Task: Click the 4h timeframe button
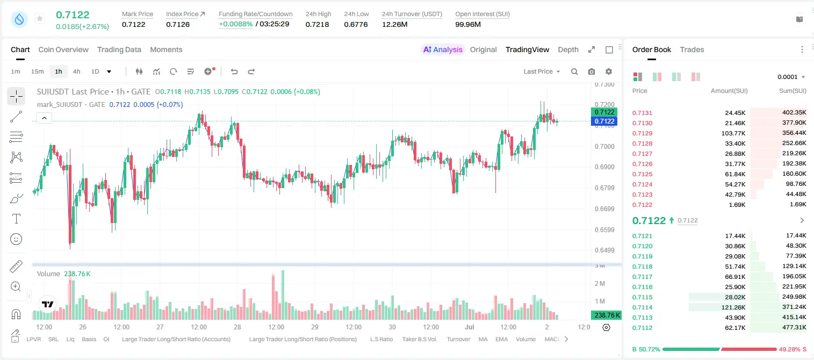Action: tap(76, 71)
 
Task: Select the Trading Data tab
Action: tap(119, 49)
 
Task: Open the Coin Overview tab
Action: tap(63, 49)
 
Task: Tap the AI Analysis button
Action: tap(443, 49)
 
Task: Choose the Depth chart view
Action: tap(568, 49)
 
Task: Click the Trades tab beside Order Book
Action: tap(692, 49)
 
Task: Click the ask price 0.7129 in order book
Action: tap(642, 133)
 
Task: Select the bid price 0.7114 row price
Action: tap(642, 307)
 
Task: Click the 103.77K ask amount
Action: tap(733, 133)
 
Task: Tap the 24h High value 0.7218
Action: tap(317, 24)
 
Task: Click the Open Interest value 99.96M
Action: tap(468, 24)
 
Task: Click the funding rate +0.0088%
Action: tap(235, 24)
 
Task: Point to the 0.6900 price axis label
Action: tap(604, 167)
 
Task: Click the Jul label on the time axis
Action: tap(470, 327)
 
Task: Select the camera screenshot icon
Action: tap(592, 71)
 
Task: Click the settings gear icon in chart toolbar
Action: tap(609, 71)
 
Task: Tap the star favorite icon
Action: tap(40, 18)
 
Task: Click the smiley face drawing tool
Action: tap(16, 239)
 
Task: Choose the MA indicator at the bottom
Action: tap(483, 339)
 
